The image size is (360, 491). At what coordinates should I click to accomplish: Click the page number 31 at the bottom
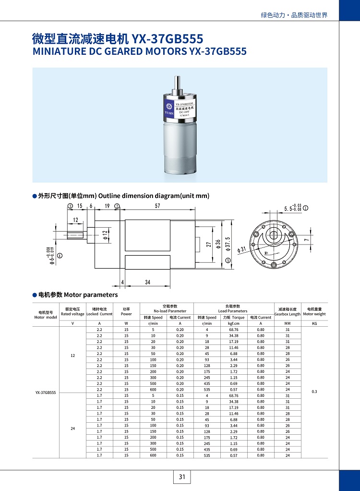[x=181, y=477]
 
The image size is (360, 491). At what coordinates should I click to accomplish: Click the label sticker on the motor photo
[x=180, y=110]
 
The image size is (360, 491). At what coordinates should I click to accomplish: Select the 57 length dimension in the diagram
[x=157, y=206]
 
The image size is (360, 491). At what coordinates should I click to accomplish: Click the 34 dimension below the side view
[x=147, y=282]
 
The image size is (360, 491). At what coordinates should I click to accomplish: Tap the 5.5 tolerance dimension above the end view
[x=293, y=209]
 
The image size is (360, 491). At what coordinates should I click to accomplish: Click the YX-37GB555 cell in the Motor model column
[x=46, y=392]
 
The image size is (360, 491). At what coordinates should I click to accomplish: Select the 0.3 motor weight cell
[x=314, y=392]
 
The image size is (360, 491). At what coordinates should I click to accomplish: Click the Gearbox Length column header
[x=287, y=311]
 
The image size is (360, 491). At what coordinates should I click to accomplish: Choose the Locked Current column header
[x=99, y=311]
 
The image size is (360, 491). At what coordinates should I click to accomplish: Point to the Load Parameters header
[x=232, y=308]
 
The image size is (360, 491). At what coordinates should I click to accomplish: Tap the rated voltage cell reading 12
[x=72, y=356]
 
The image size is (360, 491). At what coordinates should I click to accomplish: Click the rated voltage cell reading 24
[x=72, y=429]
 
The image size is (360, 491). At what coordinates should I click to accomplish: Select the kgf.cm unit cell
[x=233, y=324]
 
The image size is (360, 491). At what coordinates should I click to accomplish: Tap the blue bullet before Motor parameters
[x=35, y=295]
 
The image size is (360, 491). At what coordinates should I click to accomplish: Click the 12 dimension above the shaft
[x=76, y=220]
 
